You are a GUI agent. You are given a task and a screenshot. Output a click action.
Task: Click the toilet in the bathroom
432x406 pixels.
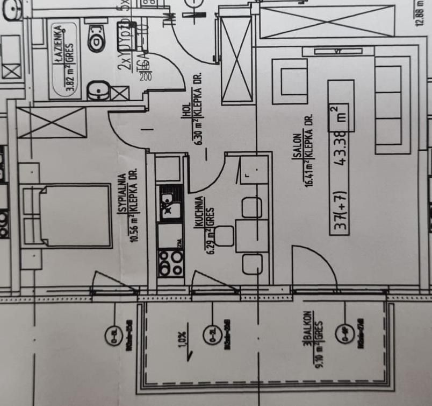click(x=96, y=37)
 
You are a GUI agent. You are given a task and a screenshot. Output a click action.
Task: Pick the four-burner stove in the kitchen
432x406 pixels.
click(x=170, y=262)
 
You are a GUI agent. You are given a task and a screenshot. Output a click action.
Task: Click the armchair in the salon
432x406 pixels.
click(x=290, y=81)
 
